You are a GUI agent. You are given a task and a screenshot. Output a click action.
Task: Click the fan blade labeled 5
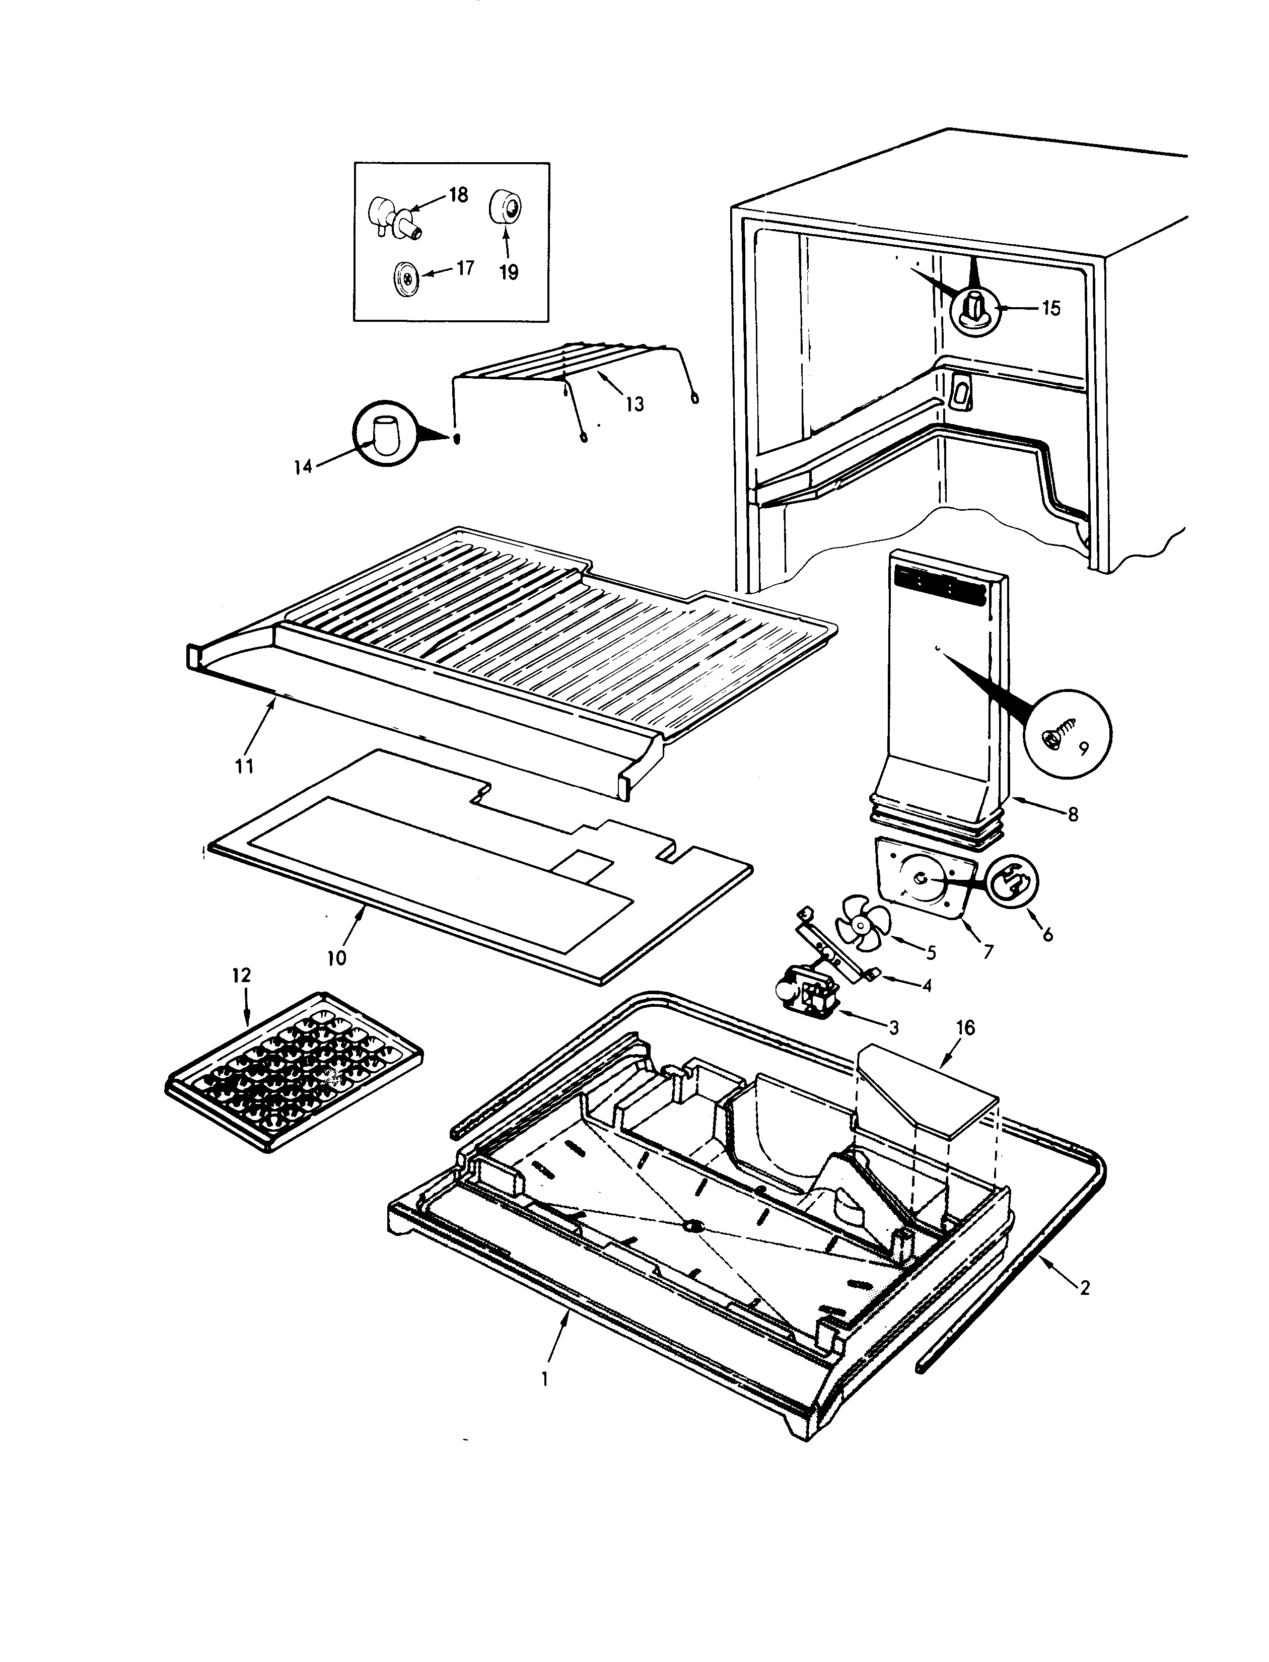(x=863, y=923)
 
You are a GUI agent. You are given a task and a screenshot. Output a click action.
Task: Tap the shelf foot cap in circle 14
(x=385, y=437)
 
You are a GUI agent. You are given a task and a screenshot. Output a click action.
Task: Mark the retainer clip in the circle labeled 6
(x=1012, y=884)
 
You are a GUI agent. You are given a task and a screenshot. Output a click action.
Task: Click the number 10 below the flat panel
(x=337, y=958)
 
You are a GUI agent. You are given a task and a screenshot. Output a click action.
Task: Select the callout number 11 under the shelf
(x=243, y=766)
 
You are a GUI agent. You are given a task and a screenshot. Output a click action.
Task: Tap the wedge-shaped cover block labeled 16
(x=926, y=1092)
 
